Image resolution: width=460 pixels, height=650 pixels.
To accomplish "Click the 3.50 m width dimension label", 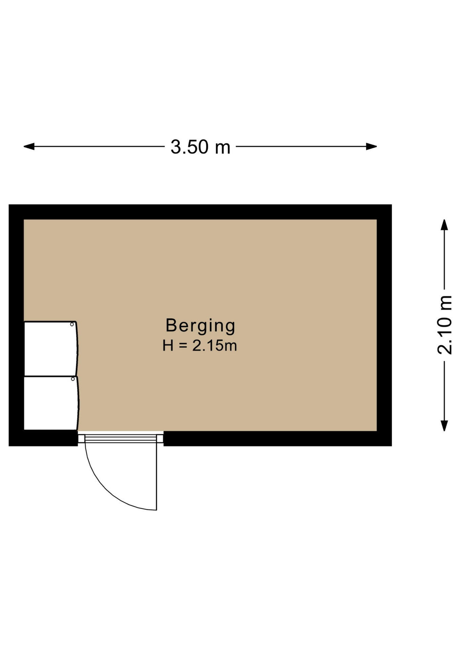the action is point(200,147).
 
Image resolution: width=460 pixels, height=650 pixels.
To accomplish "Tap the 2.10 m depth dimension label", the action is point(444,325).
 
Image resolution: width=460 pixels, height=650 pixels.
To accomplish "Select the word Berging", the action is point(200,326).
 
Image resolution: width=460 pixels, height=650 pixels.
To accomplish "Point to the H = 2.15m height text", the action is point(200,346).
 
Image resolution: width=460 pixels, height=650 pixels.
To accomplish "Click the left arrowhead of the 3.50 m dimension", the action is point(29,147).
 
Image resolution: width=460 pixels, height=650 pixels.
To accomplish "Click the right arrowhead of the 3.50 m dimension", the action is point(372,147).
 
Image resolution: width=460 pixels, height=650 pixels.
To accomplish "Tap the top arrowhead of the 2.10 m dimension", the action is point(444,225).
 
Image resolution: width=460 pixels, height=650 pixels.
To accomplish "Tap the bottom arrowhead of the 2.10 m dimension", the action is point(444,426).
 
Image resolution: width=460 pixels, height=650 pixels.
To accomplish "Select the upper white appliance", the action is point(51,348).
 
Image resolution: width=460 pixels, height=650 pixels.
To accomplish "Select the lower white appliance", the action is point(51,403).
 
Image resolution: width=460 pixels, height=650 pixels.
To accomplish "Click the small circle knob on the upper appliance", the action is point(72,324).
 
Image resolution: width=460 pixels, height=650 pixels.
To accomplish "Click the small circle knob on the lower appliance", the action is point(73,379).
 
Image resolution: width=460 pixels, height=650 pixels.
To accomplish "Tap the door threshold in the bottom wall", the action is point(121,438).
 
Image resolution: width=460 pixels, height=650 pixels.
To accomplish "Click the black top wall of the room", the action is point(200,212).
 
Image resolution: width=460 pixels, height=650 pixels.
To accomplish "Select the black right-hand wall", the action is point(384,325).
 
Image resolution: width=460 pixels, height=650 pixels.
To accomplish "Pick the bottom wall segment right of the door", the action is point(278,439).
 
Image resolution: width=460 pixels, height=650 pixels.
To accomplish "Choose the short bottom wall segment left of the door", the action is point(43,438).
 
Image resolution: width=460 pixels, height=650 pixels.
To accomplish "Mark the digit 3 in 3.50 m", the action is point(175,147).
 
